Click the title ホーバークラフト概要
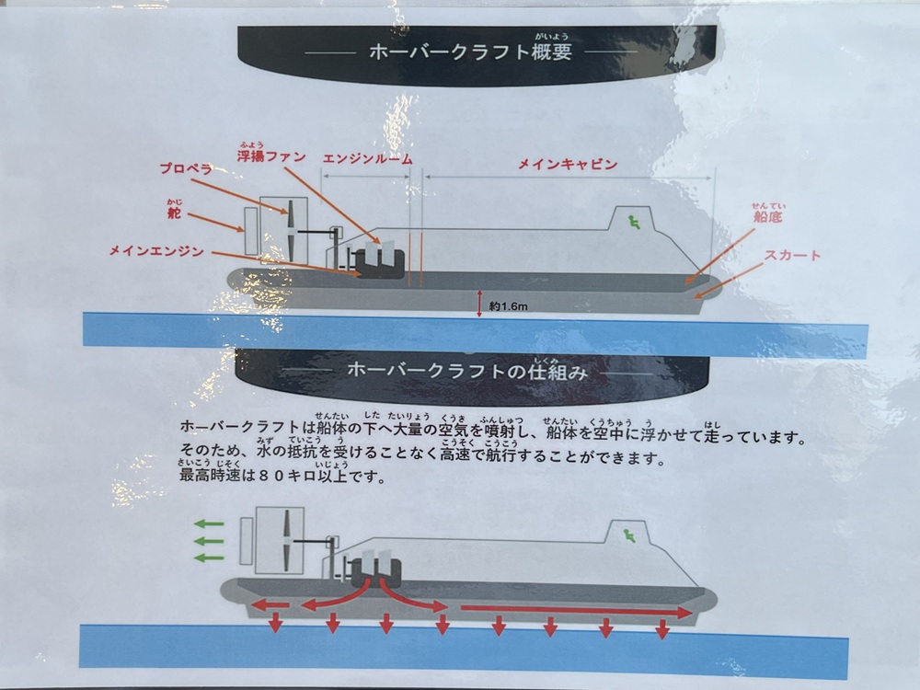pyautogui.click(x=470, y=52)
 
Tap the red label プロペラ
pyautogui.click(x=186, y=168)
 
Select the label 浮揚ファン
pyautogui.click(x=271, y=156)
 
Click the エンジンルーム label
pyautogui.click(x=367, y=159)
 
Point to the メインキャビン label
pyautogui.click(x=568, y=165)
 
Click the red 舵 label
pyautogui.click(x=174, y=213)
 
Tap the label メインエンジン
pyautogui.click(x=156, y=251)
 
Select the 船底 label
pyautogui.click(x=767, y=216)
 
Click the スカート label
pyautogui.click(x=792, y=255)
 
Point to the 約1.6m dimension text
pyautogui.click(x=508, y=306)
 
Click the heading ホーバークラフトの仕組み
pyautogui.click(x=467, y=371)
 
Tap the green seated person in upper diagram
pyautogui.click(x=634, y=222)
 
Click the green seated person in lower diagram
pyautogui.click(x=629, y=535)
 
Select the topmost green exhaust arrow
pyautogui.click(x=210, y=524)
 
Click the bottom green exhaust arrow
pyautogui.click(x=210, y=558)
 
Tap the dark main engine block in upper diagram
pyautogui.click(x=381, y=263)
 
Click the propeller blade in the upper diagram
pyautogui.click(x=291, y=231)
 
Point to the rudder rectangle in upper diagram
pyautogui.click(x=251, y=231)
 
